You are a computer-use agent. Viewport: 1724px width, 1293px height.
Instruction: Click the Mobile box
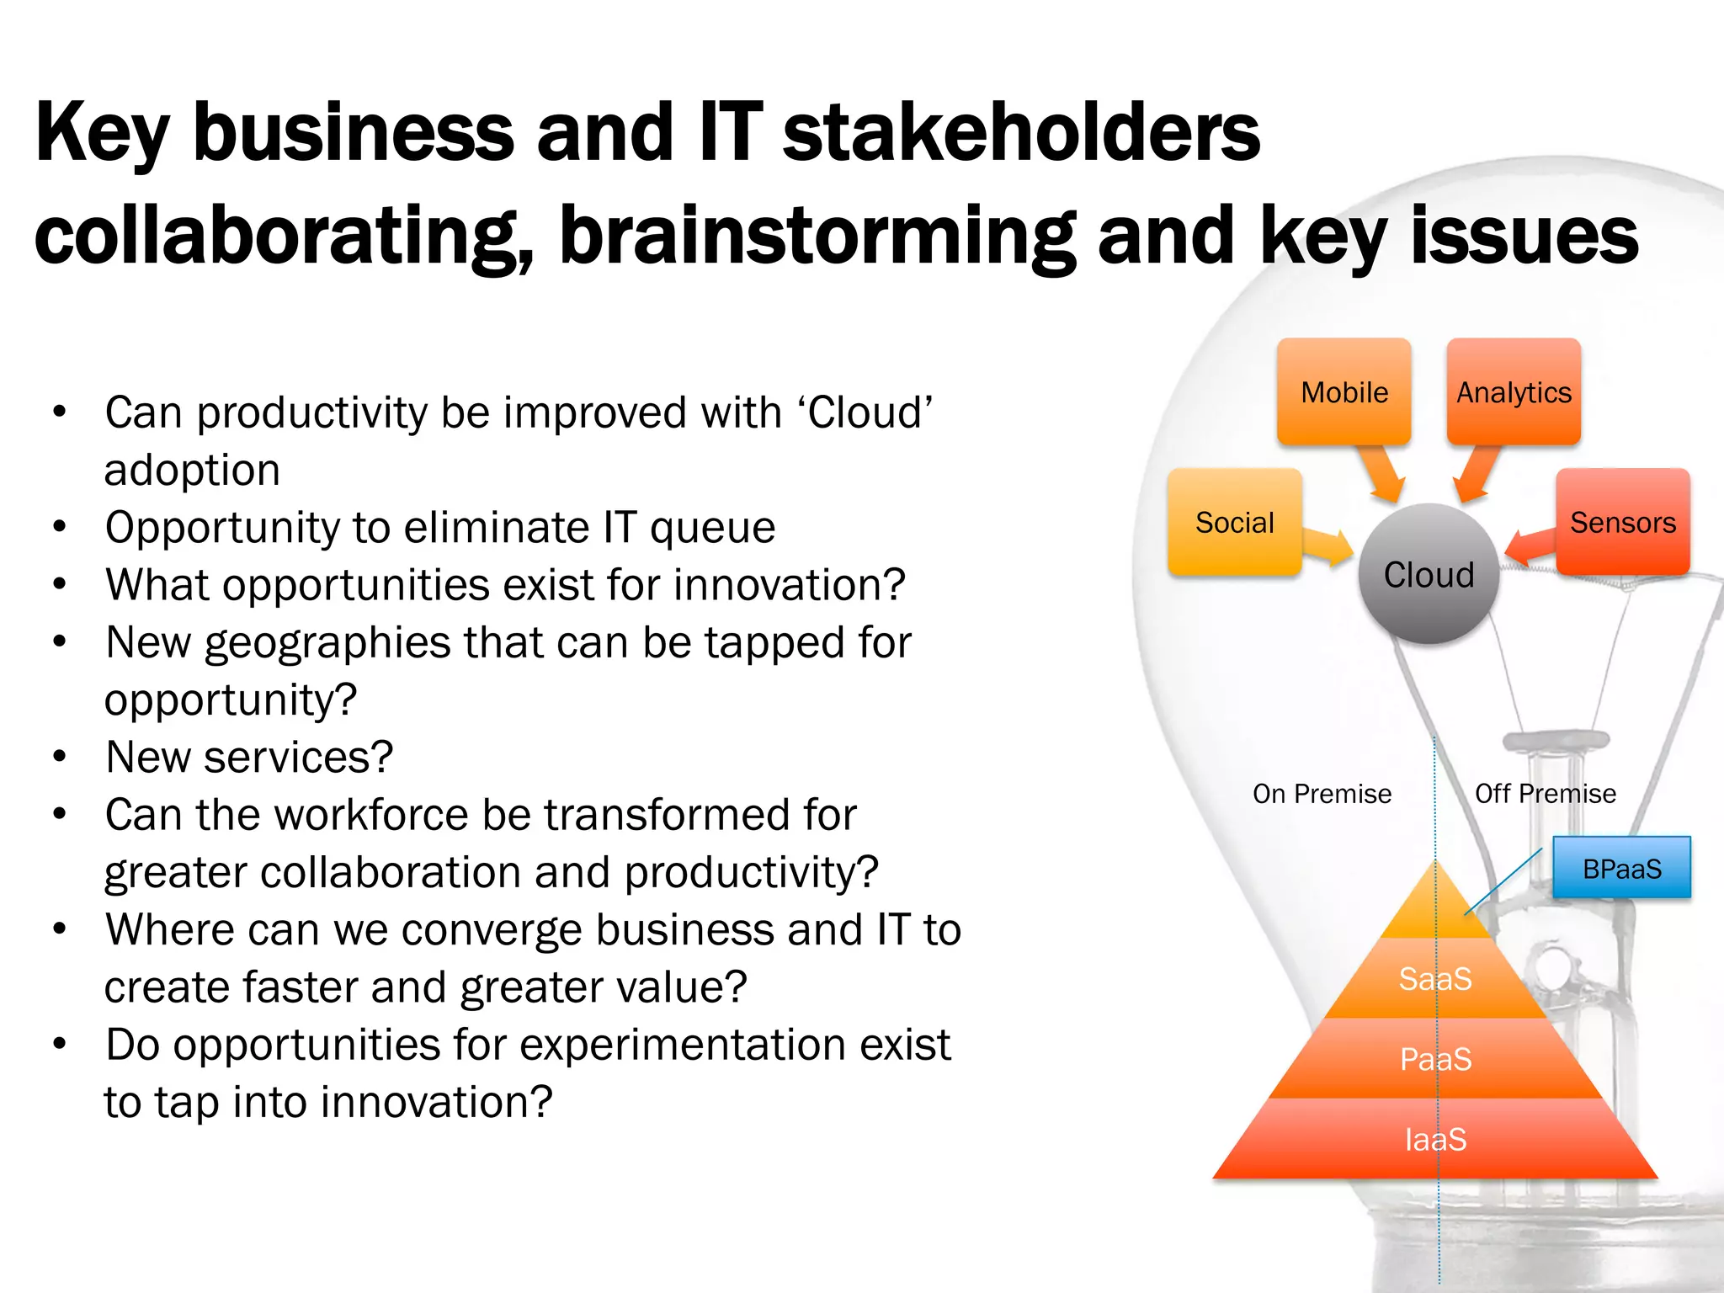(1344, 392)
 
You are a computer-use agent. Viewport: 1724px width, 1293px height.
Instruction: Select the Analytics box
(1514, 392)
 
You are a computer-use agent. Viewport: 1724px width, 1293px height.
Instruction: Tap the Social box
(1234, 523)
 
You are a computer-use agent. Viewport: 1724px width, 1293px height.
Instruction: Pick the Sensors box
(1622, 523)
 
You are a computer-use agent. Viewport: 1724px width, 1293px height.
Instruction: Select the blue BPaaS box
(1621, 868)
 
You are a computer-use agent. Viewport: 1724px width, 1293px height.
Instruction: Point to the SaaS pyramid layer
(1435, 979)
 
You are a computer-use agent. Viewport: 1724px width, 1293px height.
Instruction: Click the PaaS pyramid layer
(1435, 1059)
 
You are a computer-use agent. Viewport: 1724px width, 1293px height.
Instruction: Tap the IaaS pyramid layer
(1435, 1140)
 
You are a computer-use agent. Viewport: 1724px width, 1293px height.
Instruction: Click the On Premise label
(1322, 794)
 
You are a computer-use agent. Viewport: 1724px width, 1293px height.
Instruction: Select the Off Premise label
(1545, 794)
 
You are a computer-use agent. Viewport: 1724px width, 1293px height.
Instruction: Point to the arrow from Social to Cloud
(1328, 548)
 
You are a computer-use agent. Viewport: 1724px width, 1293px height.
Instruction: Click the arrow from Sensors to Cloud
(1530, 546)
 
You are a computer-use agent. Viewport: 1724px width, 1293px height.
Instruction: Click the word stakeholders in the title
(1020, 132)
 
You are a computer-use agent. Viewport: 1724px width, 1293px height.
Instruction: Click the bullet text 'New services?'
(249, 757)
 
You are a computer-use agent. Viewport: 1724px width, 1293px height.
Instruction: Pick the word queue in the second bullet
(712, 528)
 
